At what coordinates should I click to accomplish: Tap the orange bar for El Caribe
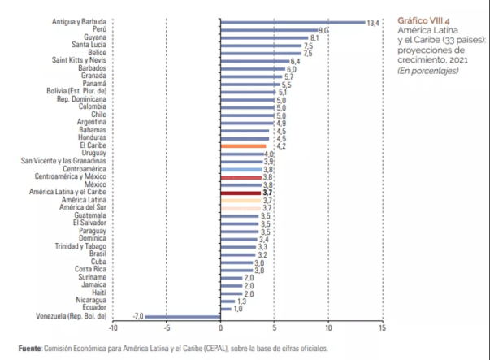tap(243, 145)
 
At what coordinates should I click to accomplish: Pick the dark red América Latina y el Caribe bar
tap(241, 193)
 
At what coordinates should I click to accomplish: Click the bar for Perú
tap(268, 29)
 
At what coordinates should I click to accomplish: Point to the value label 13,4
tap(374, 23)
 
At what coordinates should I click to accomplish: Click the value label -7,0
tap(138, 315)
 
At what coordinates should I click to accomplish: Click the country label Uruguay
tap(93, 154)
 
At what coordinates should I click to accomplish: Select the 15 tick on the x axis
tap(383, 328)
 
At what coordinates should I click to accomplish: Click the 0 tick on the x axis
tap(221, 328)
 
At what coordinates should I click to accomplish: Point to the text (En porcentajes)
tap(427, 70)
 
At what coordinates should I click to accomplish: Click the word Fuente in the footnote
tap(30, 348)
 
